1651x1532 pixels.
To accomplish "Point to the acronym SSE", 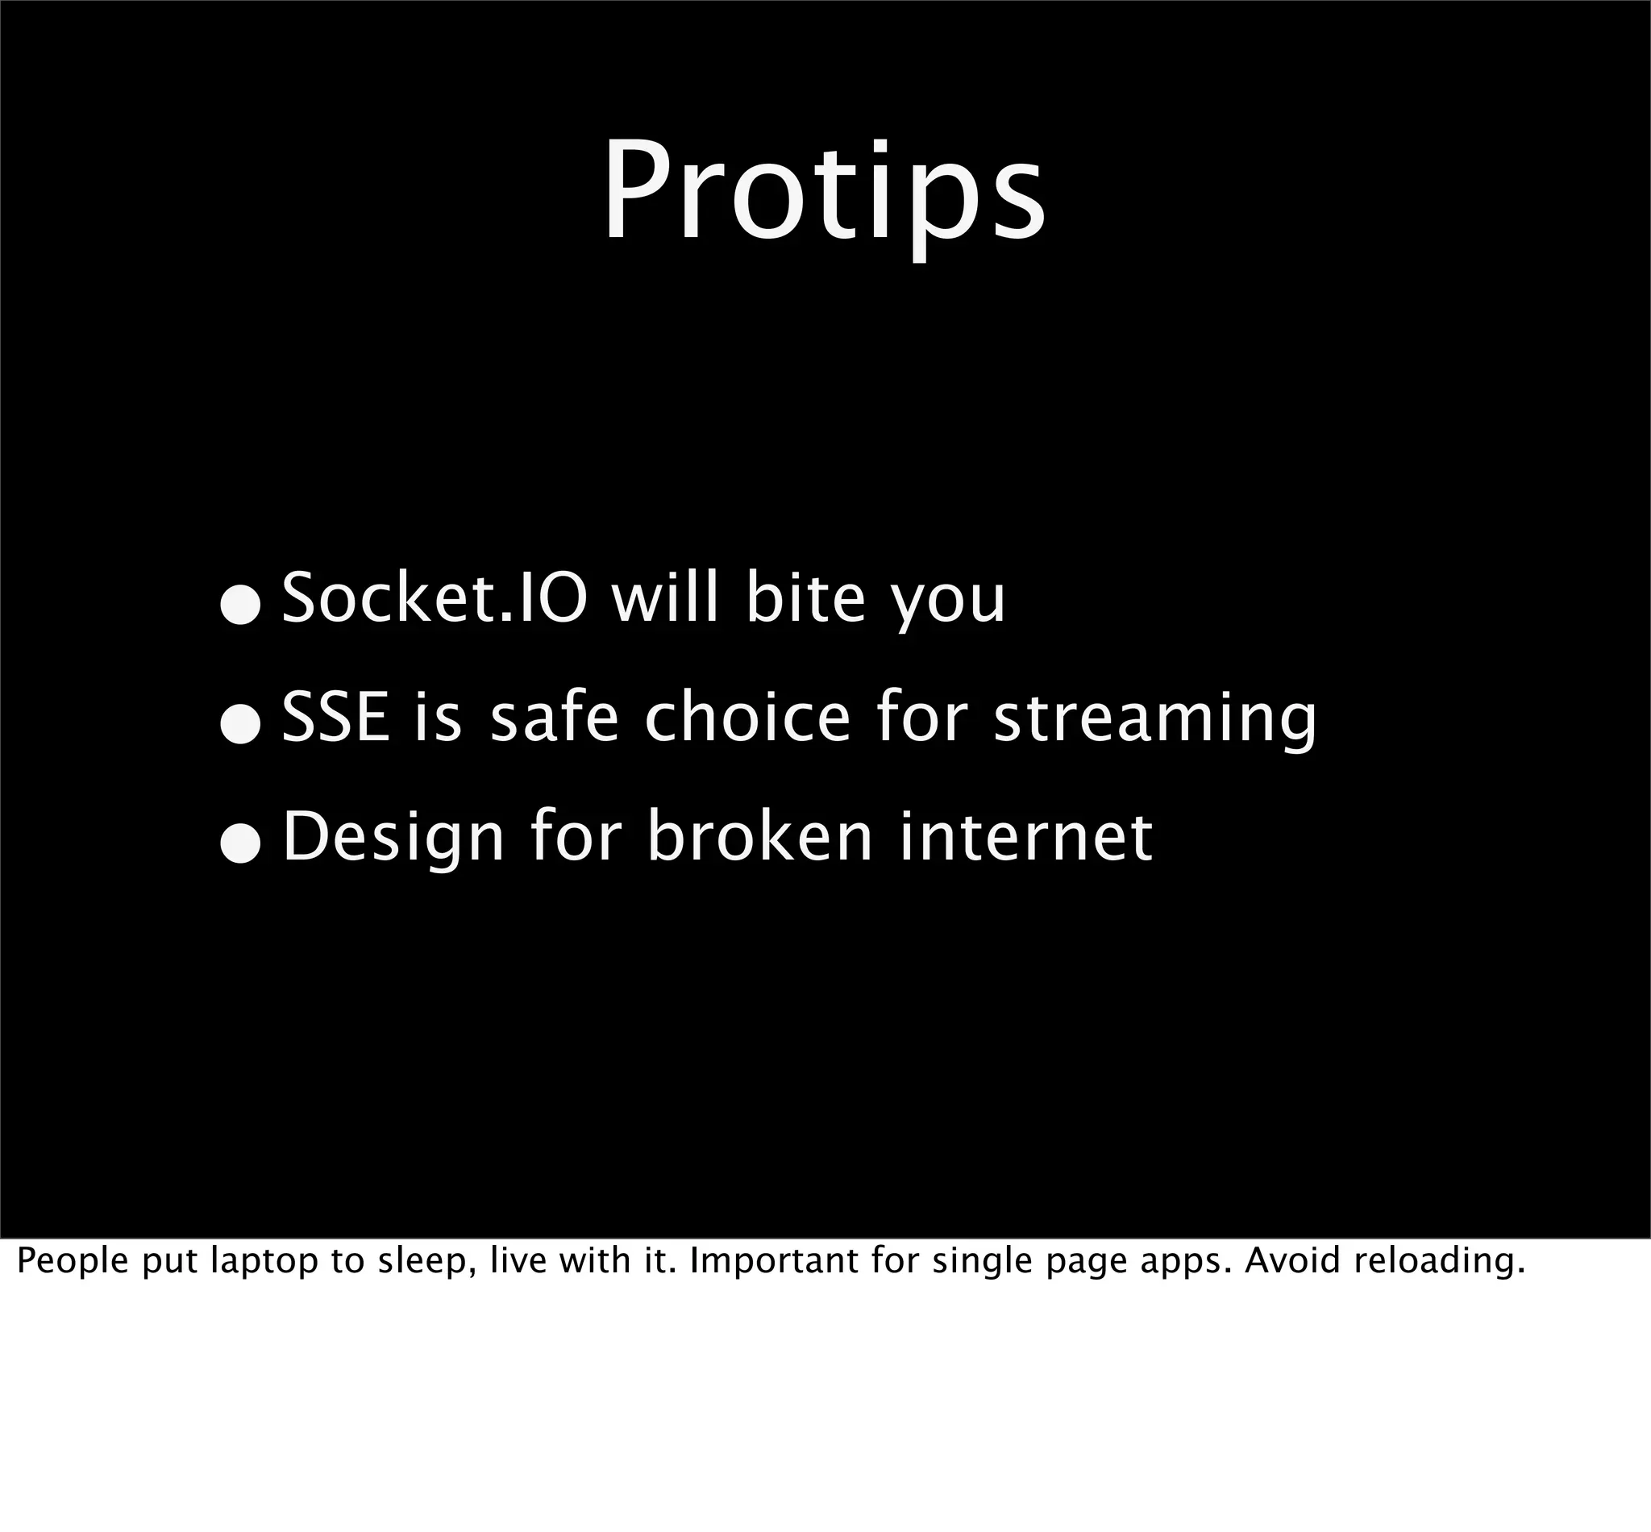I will pos(335,717).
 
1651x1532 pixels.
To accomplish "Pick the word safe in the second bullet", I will pos(555,717).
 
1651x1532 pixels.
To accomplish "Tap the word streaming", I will pos(1154,721).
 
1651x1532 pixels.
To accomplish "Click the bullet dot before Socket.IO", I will pos(241,607).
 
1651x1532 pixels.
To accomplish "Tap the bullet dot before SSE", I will pos(241,726).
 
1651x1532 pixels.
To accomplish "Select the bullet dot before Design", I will pos(241,846).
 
